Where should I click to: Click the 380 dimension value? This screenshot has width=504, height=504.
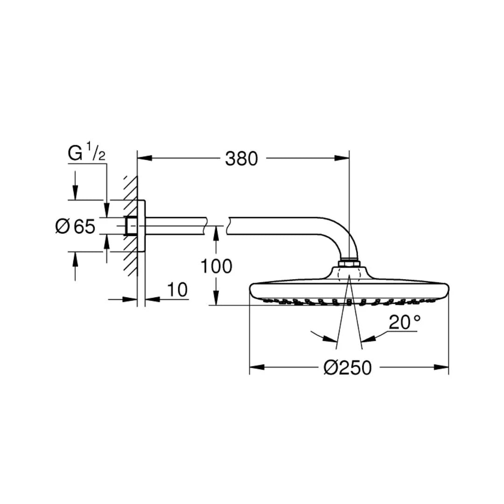(x=241, y=159)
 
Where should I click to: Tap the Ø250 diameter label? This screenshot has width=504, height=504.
(x=347, y=367)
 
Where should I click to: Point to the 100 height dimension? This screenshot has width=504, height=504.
(x=216, y=266)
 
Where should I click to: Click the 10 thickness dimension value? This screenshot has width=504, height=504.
(x=177, y=290)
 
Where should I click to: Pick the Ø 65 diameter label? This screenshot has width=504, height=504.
(x=76, y=226)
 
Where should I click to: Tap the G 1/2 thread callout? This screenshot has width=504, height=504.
(x=86, y=153)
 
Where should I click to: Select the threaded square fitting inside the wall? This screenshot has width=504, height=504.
(x=131, y=226)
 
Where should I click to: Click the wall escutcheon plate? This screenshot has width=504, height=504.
(x=141, y=226)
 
